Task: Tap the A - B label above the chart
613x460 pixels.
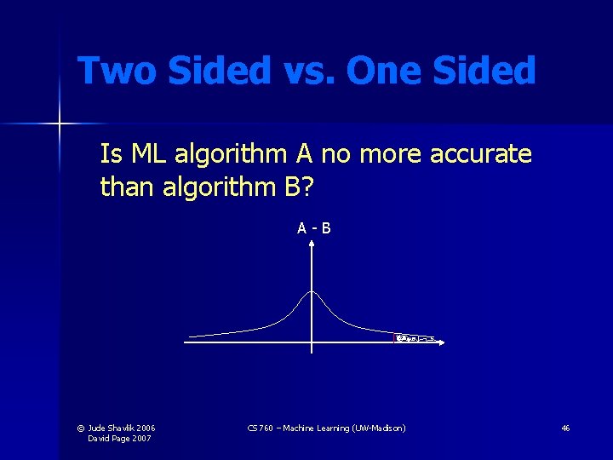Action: coord(313,227)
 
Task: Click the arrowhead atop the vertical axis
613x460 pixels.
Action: coord(312,243)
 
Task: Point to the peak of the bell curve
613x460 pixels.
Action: coord(312,292)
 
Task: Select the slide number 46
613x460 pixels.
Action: coord(565,428)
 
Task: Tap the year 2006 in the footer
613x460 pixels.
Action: coord(146,428)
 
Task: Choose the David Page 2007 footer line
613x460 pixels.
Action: coord(119,438)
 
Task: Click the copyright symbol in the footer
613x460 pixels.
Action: coord(81,428)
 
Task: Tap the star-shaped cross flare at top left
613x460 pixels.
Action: coord(60,124)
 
